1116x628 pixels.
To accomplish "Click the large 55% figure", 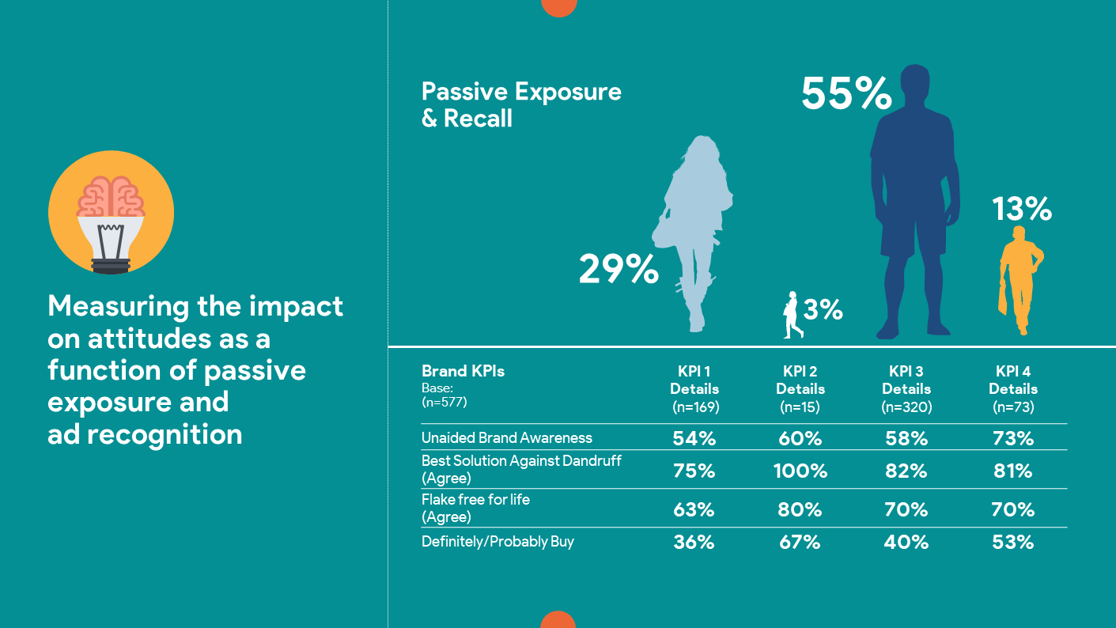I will point(846,94).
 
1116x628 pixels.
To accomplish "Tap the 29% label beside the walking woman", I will point(619,270).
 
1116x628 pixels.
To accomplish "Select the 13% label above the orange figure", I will point(1023,210).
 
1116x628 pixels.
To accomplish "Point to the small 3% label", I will point(823,310).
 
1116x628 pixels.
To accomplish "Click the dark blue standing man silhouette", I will point(914,198).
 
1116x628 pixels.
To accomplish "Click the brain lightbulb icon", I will point(111,212).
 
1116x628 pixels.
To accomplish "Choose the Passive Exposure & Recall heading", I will point(521,104).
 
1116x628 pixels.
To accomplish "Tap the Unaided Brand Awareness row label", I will point(506,437).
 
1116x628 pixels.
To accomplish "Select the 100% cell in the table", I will point(800,471).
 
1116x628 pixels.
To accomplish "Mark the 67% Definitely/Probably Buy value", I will point(800,543).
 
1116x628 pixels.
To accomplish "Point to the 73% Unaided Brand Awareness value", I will point(1013,438).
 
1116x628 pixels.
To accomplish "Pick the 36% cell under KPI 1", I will point(694,543).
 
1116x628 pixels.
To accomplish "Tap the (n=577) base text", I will point(445,403).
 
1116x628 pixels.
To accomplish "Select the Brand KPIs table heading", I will point(463,371).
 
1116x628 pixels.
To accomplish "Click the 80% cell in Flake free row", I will point(800,510).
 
